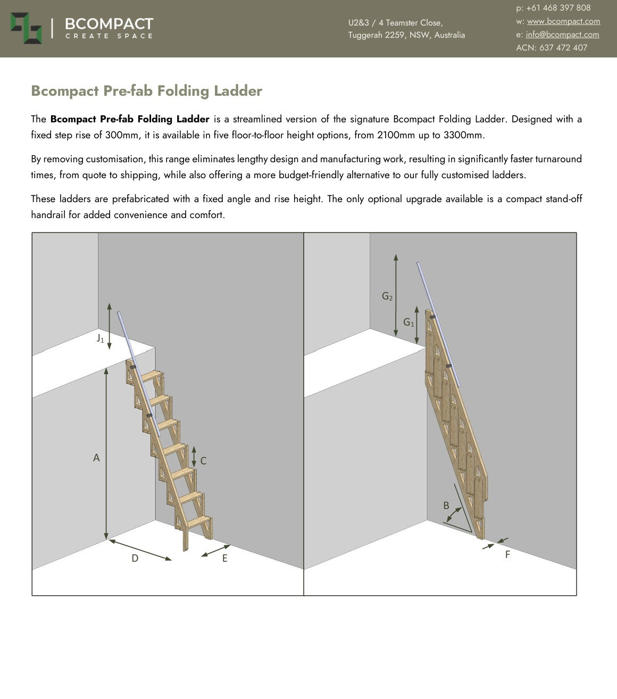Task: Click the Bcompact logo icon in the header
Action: [x=26, y=28]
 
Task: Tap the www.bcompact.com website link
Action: [x=563, y=21]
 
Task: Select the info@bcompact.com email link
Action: [x=562, y=35]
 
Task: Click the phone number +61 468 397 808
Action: [x=558, y=8]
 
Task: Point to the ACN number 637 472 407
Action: [x=563, y=48]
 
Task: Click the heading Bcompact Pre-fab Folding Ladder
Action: [x=146, y=91]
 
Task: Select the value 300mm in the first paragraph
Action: [x=122, y=135]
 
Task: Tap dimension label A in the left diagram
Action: [x=96, y=457]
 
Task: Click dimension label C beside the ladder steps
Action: [x=203, y=461]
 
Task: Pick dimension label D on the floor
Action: [x=135, y=558]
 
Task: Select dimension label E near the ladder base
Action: [x=225, y=558]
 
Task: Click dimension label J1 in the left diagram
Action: [x=100, y=338]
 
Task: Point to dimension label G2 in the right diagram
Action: [x=387, y=296]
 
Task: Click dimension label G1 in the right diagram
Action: [x=408, y=322]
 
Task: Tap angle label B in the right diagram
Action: [x=446, y=505]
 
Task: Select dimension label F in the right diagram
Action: [x=507, y=554]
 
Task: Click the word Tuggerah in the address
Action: [x=365, y=35]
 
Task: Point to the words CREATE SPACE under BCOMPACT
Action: [x=109, y=36]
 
